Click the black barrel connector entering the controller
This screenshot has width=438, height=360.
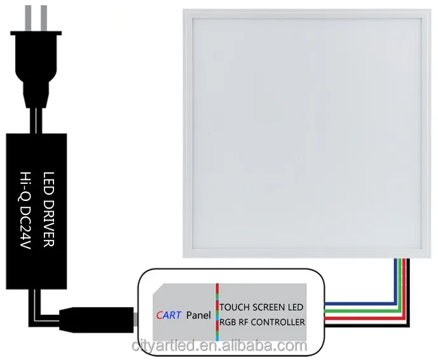95,315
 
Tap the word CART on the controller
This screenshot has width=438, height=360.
168,314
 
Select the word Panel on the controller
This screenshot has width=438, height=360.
198,314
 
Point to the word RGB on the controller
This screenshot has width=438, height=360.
230,322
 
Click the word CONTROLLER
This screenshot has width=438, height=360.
280,322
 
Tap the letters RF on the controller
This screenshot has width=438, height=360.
247,322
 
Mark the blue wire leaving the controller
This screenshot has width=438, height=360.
356,303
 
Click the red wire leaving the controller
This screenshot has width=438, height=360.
356,314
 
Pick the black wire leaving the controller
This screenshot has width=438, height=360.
356,320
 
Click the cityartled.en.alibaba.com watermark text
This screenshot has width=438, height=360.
219,346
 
